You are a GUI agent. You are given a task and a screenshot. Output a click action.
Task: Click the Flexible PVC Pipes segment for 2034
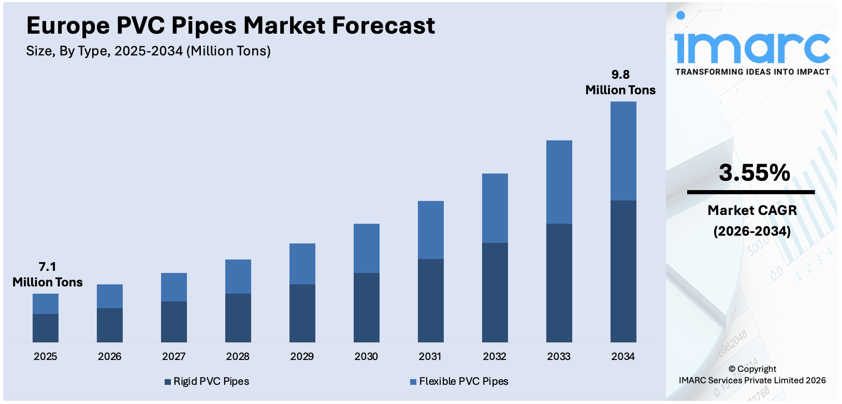[623, 151]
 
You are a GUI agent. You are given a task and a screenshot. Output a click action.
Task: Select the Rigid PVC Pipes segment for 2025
[46, 328]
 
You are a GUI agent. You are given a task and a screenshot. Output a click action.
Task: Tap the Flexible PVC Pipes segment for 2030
[366, 248]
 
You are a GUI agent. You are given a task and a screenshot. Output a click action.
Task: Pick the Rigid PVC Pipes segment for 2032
[495, 292]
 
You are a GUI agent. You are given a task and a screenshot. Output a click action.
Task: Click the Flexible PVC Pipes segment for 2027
[173, 287]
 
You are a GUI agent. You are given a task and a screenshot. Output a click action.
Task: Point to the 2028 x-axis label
[238, 356]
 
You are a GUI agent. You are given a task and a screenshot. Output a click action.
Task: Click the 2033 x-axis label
[559, 356]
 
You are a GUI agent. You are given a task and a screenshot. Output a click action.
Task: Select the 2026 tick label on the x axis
[109, 356]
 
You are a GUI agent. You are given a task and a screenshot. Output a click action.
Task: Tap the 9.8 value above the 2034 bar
[620, 75]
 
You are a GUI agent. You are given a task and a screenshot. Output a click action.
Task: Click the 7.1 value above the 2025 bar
[47, 267]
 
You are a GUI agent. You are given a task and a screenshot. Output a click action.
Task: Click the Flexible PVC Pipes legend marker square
[413, 382]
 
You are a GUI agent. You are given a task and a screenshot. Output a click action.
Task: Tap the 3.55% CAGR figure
[754, 173]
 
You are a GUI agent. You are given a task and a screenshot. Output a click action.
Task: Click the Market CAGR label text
[752, 210]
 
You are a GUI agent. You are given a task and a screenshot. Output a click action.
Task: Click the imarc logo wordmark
[752, 47]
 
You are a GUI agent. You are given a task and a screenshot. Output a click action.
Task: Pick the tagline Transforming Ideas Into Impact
[752, 72]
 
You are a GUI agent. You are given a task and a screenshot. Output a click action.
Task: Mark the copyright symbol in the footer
[732, 369]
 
